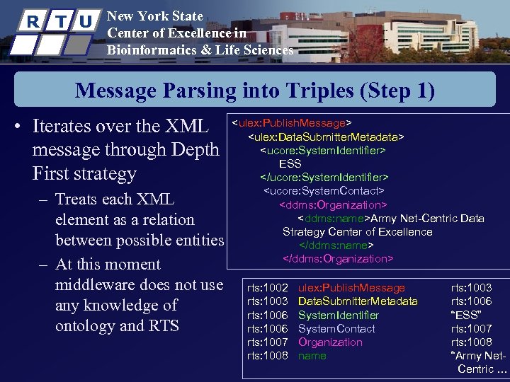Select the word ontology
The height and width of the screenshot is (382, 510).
click(85, 326)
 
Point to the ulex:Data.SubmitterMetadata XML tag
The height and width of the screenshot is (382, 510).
click(326, 137)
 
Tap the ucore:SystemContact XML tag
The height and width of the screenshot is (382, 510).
click(324, 191)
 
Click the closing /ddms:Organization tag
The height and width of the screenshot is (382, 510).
click(338, 258)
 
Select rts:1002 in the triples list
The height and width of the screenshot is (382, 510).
click(267, 288)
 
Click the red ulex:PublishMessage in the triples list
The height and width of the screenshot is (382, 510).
click(351, 288)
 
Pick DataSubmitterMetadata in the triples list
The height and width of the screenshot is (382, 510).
click(358, 301)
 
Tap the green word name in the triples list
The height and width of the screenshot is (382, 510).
click(312, 356)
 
